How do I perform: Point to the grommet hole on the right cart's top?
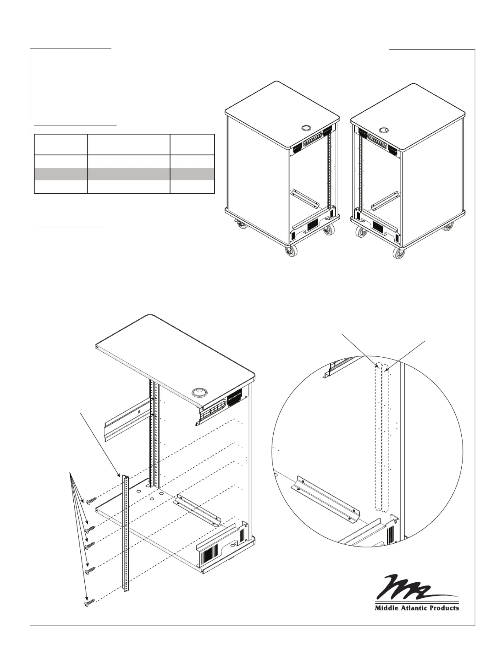[x=383, y=130]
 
